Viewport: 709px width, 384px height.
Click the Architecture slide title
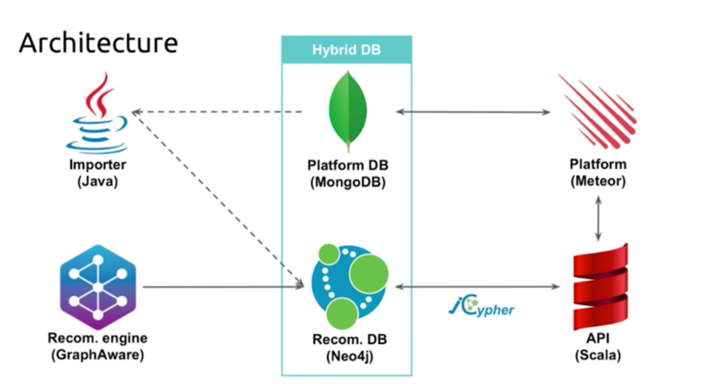(x=98, y=43)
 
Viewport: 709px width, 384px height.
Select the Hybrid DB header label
(x=346, y=51)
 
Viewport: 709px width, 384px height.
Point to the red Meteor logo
(x=596, y=111)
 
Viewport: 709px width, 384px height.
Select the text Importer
(x=98, y=165)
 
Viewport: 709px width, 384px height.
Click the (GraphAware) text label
(x=98, y=356)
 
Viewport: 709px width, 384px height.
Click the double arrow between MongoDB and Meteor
(x=473, y=111)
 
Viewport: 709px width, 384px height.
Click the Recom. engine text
(x=98, y=339)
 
